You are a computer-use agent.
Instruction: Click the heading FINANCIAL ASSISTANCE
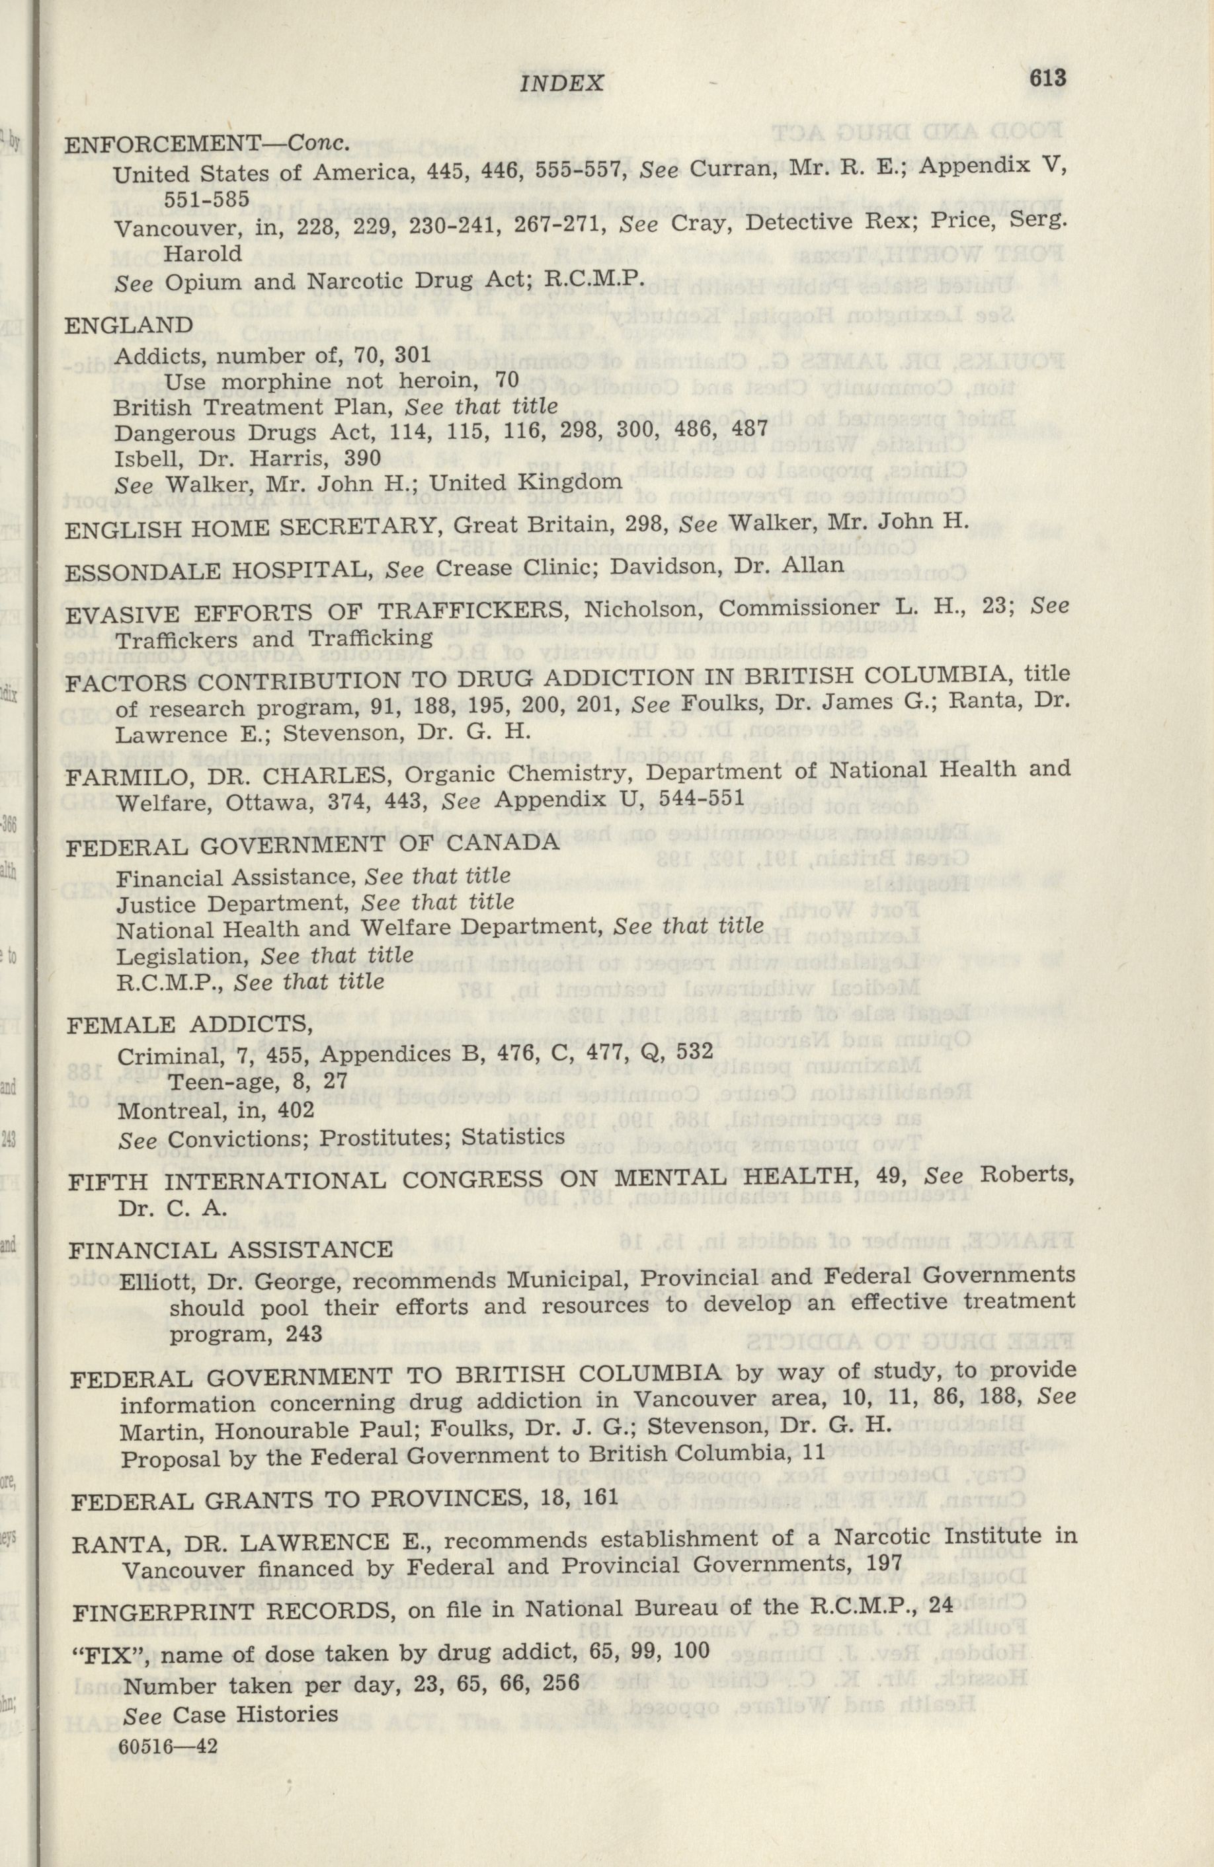pyautogui.click(x=231, y=1250)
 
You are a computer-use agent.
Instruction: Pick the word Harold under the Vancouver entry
pyautogui.click(x=202, y=253)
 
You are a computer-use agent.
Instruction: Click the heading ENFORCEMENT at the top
pyautogui.click(x=161, y=143)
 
